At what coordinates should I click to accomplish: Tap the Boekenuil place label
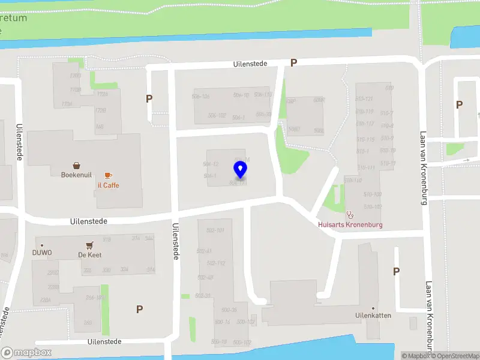point(76,175)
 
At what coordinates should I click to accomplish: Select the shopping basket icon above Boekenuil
point(77,165)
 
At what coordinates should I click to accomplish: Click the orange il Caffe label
point(108,185)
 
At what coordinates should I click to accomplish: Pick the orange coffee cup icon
point(108,175)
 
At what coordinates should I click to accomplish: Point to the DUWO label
point(42,253)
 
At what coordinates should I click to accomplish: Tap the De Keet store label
point(90,255)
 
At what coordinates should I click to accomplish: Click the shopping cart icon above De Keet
point(90,245)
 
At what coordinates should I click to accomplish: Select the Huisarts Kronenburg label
point(350,225)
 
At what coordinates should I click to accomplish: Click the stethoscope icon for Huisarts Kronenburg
point(350,214)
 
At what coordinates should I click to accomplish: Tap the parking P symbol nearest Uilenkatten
point(396,271)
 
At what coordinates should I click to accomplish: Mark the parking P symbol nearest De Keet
point(139,310)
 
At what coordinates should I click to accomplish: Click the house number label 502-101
point(215,230)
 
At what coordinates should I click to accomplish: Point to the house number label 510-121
point(364,98)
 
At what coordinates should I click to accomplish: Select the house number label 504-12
point(210,164)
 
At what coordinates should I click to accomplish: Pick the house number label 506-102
point(217,116)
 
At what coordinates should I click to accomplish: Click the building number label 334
point(124,270)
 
